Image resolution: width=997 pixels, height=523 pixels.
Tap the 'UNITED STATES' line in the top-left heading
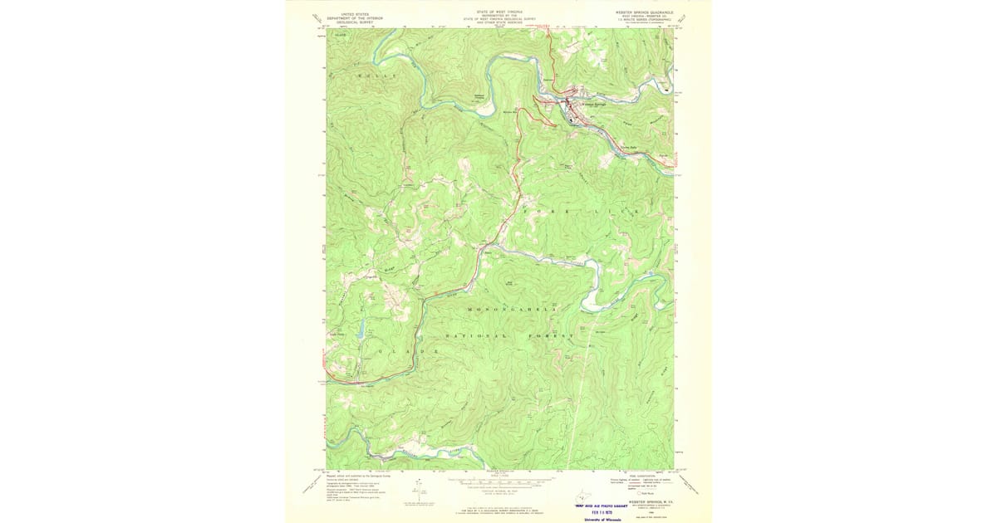(x=348, y=13)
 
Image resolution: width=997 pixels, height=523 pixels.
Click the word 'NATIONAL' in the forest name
(x=476, y=335)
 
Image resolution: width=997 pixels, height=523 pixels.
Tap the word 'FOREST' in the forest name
(x=551, y=335)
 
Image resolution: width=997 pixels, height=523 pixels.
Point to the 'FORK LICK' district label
(x=582, y=213)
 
